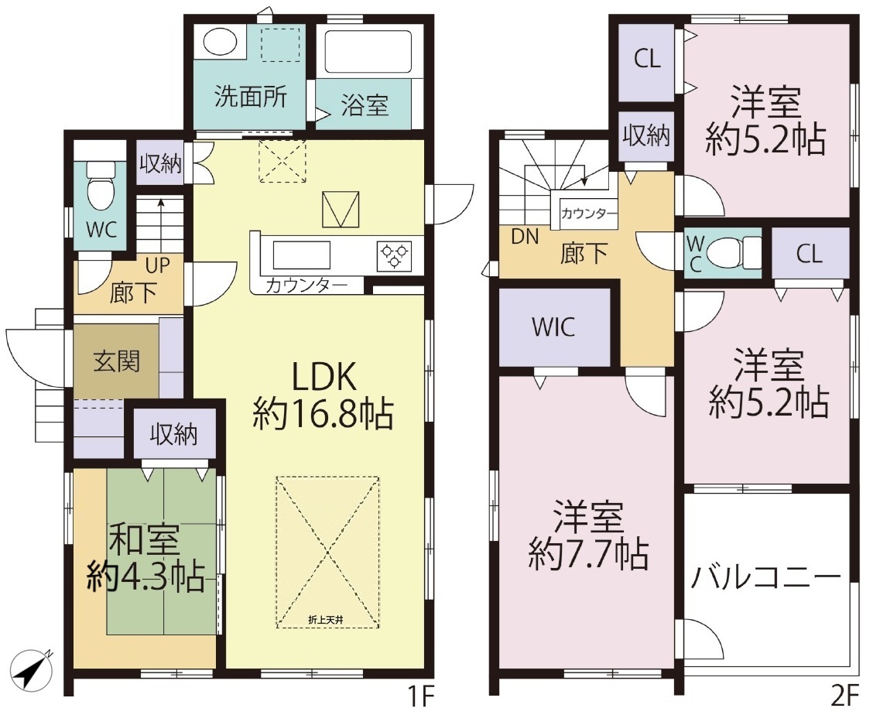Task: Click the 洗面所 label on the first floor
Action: coord(251,97)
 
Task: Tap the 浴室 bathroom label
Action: coord(365,104)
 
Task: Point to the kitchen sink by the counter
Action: coord(301,255)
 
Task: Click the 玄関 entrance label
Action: coord(116,361)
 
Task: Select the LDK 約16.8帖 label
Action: coord(324,396)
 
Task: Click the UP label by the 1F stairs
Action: coord(158,265)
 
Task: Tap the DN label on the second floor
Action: coord(525,237)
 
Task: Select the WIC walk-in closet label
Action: coord(553,327)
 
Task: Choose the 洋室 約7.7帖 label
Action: coord(588,535)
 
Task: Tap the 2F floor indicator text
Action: coord(845,696)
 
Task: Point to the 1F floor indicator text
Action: coord(419,696)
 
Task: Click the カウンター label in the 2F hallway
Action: coord(588,214)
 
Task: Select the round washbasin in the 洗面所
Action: coord(219,42)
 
